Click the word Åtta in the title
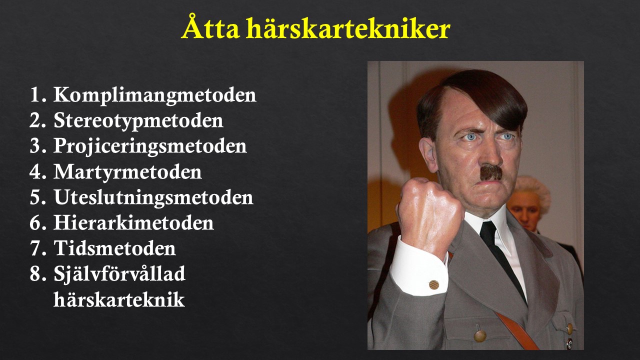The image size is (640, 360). [211, 26]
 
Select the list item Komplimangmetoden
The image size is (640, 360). [155, 95]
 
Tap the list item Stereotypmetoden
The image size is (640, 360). [138, 121]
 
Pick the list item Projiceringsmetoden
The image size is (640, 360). [150, 146]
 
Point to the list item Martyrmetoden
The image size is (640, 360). [127, 171]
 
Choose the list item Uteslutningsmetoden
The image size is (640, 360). [153, 197]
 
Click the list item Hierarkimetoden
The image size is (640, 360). [133, 222]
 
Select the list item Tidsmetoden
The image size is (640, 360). [114, 248]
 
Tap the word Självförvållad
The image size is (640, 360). [119, 274]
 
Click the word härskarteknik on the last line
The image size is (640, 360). [119, 299]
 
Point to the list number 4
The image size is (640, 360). [37, 171]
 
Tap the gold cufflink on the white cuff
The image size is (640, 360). [433, 284]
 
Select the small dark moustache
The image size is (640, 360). [490, 172]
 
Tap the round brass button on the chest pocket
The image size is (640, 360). [479, 335]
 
